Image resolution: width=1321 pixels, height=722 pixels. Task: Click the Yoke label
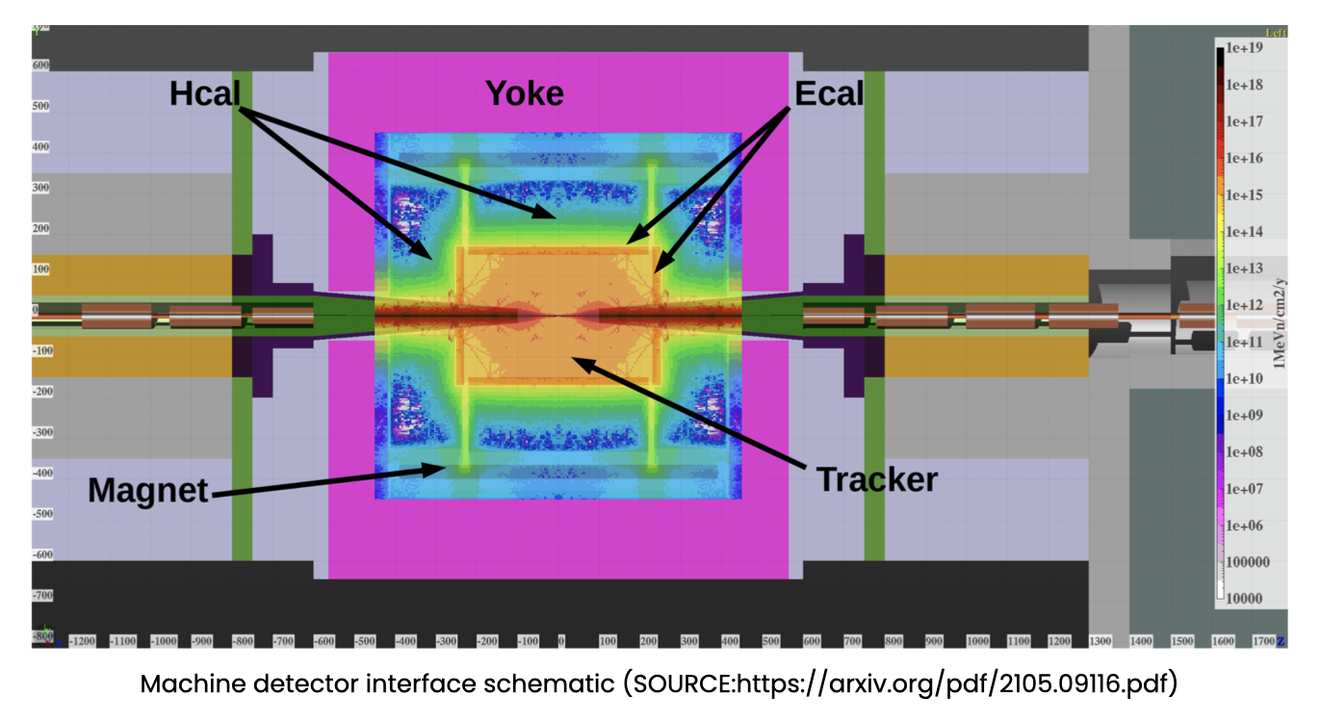coord(524,93)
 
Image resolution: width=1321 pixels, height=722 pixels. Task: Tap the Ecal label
coord(828,93)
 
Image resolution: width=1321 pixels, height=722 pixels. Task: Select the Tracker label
coord(876,478)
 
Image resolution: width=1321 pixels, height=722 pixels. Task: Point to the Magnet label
coord(148,491)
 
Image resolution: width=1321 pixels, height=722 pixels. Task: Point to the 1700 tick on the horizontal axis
coord(1263,641)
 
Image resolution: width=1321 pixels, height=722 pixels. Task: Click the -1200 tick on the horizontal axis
coord(84,641)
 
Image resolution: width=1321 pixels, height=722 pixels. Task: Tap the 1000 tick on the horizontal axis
coord(977,641)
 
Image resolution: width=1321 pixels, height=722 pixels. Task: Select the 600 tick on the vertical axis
coord(40,65)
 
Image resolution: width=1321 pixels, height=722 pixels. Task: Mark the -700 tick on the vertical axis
coord(40,596)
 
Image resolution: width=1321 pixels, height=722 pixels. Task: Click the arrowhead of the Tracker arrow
coord(574,359)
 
